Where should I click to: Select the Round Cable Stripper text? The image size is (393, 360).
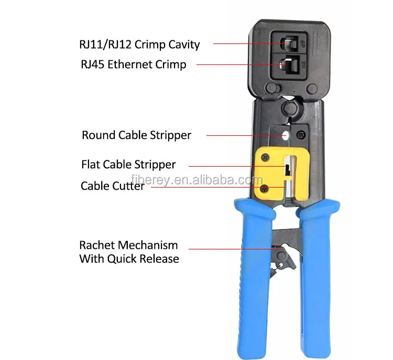point(136,135)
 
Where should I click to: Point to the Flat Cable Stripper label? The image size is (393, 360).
point(128,165)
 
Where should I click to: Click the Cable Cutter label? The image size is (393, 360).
point(112,186)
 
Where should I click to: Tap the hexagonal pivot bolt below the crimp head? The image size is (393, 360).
point(287,108)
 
